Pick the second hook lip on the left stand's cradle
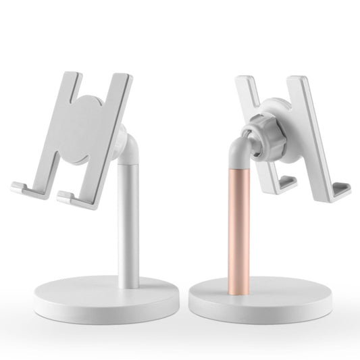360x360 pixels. (68, 197)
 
